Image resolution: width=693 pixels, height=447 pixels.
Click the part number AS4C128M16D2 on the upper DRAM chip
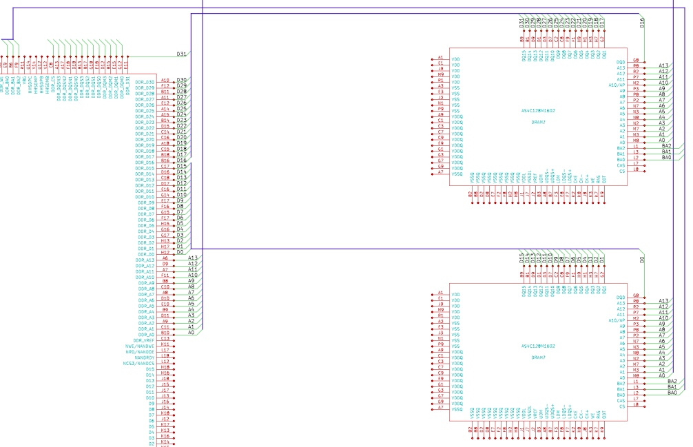coord(538,111)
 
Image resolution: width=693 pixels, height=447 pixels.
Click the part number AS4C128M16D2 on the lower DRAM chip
coord(538,346)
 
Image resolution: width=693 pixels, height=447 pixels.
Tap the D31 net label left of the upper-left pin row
coord(181,54)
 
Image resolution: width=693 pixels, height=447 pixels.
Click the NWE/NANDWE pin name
coord(140,345)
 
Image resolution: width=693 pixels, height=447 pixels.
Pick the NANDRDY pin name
coord(145,357)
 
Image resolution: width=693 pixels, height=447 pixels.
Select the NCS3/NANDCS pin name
coord(138,362)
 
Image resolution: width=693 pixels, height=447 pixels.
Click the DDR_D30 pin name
coord(145,82)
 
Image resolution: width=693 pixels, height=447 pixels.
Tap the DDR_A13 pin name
coord(145,260)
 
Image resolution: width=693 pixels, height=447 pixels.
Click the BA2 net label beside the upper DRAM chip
coord(666,146)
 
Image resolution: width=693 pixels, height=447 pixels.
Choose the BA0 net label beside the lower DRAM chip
coord(672,393)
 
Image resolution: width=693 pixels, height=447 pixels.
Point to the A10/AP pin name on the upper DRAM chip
coord(617,85)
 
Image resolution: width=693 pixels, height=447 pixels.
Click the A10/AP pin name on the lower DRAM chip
coord(617,320)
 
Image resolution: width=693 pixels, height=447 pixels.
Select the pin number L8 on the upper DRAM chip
coord(635,169)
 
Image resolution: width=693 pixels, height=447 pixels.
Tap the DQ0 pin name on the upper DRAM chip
coord(621,62)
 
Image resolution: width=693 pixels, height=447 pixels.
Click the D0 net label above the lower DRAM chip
coord(642,259)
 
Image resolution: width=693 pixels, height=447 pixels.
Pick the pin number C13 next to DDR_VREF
coord(165,339)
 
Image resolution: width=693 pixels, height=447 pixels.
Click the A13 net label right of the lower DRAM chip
coord(663,301)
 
